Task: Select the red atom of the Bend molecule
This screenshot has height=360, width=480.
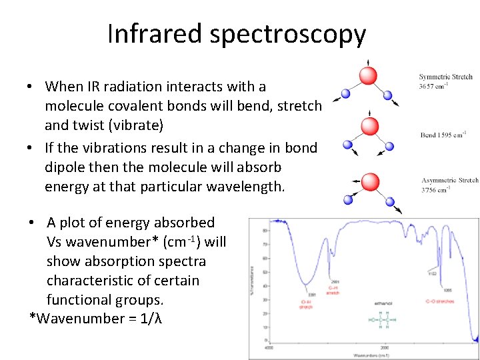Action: [369, 126]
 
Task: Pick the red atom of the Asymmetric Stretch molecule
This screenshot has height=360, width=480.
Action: [370, 181]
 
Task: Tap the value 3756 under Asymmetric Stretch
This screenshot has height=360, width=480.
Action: [429, 189]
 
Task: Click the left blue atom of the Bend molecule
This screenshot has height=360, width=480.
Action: [347, 145]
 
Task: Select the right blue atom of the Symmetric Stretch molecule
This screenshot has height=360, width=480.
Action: [387, 95]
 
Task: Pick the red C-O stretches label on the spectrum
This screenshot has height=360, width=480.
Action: [439, 302]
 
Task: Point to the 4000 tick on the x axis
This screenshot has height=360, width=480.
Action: [268, 348]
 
